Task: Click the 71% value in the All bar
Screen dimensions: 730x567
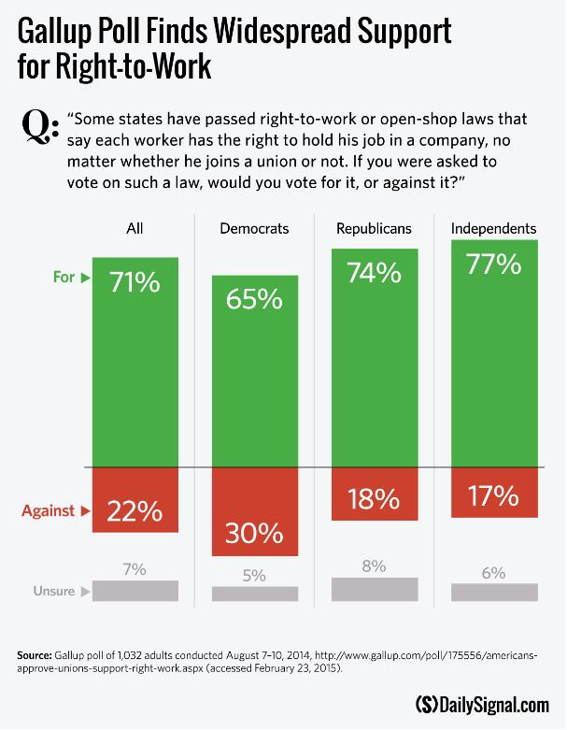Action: (x=135, y=281)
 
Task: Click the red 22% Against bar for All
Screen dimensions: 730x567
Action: (x=135, y=500)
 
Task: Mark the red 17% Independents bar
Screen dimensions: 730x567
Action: (x=493, y=492)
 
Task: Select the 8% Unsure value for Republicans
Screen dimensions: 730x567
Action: (x=374, y=565)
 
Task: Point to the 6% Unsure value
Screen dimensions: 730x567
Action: (x=493, y=572)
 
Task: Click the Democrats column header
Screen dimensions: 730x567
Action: (x=254, y=228)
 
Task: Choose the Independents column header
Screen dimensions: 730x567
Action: (x=493, y=228)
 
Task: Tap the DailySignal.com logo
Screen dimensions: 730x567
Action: (x=482, y=704)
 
